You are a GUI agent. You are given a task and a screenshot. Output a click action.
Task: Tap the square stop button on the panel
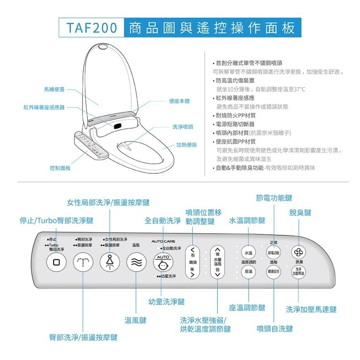click(x=56, y=262)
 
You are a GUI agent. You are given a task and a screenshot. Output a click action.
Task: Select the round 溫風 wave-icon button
click(x=136, y=263)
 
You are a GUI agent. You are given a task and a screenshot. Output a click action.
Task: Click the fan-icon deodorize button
click(x=298, y=252)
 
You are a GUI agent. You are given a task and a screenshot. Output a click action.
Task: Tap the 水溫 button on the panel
click(x=249, y=253)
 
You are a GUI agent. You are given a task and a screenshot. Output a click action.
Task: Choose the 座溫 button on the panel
click(x=249, y=272)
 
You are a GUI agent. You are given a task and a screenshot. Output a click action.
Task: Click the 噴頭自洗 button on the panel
click(x=274, y=272)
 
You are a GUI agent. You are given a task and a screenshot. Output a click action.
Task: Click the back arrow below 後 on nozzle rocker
click(x=193, y=274)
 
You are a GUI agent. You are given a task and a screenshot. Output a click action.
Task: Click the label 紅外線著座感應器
click(x=44, y=107)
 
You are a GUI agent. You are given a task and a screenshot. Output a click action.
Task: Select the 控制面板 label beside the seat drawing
click(x=60, y=168)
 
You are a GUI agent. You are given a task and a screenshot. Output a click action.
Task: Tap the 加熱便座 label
click(x=186, y=145)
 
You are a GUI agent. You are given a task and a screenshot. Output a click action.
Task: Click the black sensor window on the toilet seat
click(x=117, y=125)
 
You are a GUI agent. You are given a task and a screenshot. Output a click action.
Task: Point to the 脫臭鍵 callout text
click(x=300, y=213)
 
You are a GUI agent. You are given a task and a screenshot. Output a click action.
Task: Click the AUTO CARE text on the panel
click(x=163, y=242)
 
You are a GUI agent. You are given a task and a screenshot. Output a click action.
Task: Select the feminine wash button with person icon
click(x=109, y=263)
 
